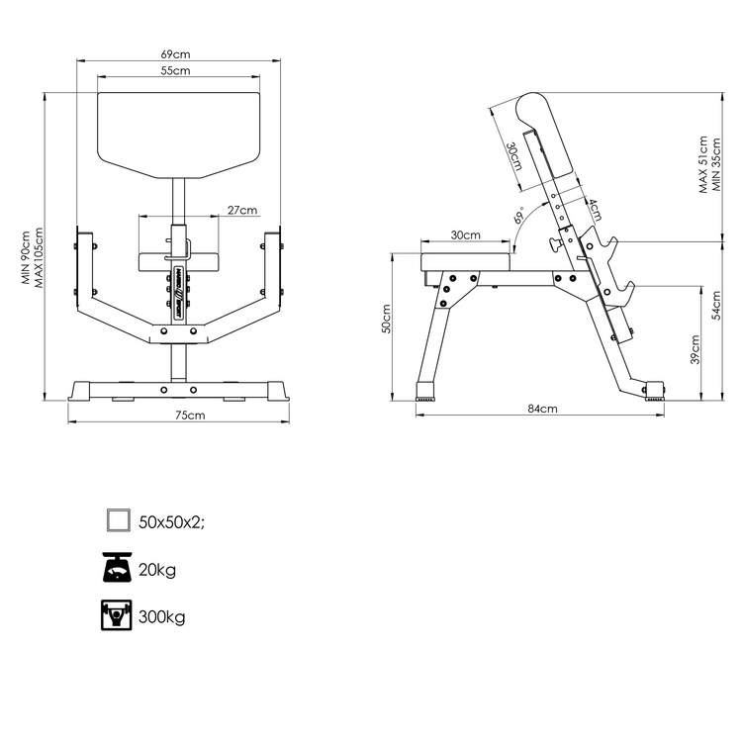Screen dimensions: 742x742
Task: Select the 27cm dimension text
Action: coord(241,210)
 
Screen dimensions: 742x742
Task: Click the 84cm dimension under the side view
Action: coord(542,409)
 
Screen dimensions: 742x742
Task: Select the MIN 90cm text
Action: coord(27,257)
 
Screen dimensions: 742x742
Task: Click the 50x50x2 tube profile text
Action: coord(172,522)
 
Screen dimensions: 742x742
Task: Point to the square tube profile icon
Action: coord(118,521)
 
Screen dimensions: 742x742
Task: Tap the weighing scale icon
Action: coord(118,568)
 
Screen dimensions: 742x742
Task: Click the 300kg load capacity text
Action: coord(162,617)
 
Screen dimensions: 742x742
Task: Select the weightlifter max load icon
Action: coord(118,615)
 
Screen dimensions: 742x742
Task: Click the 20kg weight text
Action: coord(158,570)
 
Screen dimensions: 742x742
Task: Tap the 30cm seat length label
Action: coord(465,235)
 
